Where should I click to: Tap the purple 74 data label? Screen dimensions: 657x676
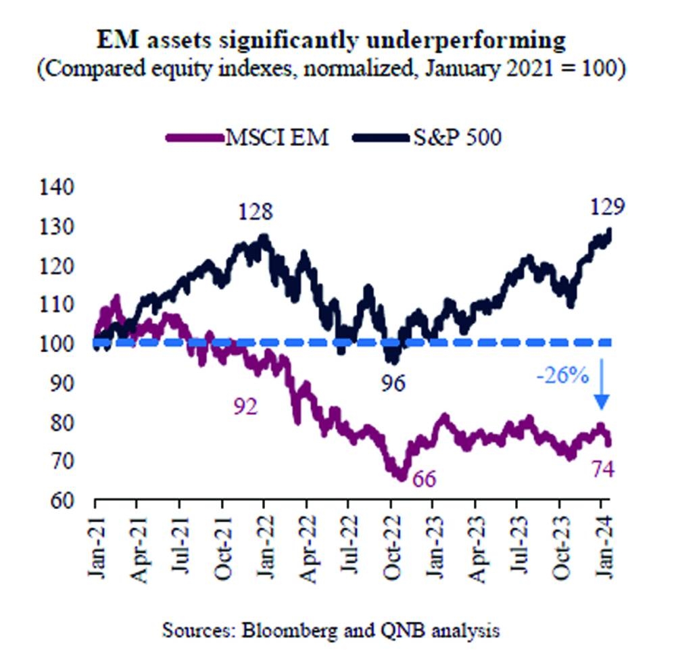pyautogui.click(x=602, y=468)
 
